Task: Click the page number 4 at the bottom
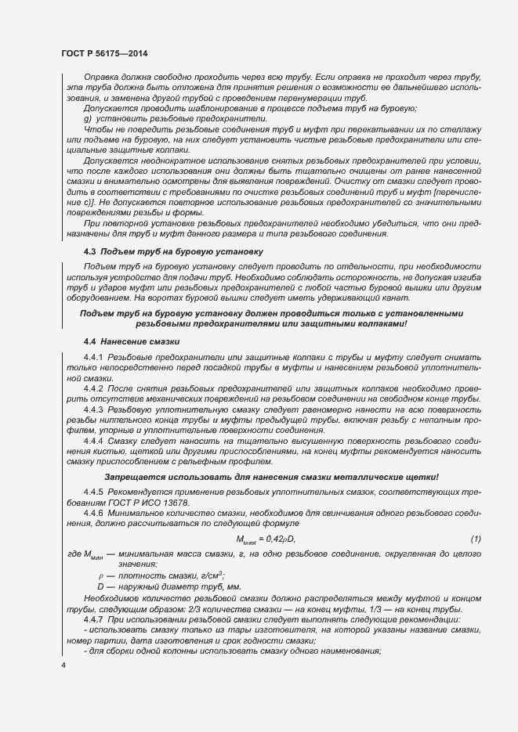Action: (x=63, y=665)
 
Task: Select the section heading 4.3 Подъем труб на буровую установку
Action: (x=173, y=251)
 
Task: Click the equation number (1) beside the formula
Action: (x=475, y=539)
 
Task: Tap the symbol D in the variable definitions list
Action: (x=100, y=586)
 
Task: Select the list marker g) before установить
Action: (x=88, y=117)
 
